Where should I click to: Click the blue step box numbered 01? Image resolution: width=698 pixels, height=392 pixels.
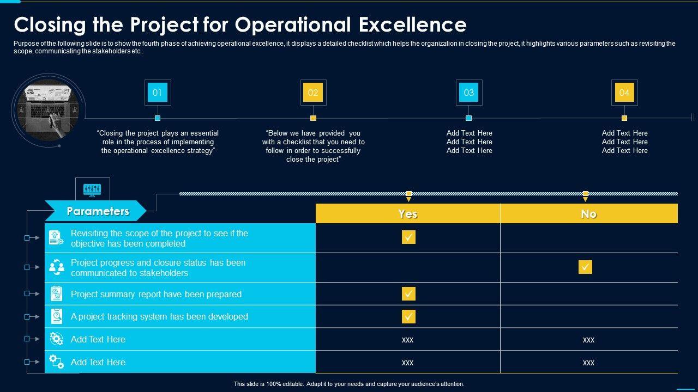click(x=158, y=93)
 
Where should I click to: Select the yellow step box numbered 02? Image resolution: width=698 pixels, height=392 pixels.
click(x=313, y=93)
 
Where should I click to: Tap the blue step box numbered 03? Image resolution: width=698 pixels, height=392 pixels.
click(x=469, y=93)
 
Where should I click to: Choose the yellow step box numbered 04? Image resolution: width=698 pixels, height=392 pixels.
click(x=624, y=93)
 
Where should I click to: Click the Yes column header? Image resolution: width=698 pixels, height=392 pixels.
click(x=407, y=214)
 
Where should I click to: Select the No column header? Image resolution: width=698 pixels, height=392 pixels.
click(x=588, y=214)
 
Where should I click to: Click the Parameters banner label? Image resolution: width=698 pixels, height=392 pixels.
click(x=98, y=211)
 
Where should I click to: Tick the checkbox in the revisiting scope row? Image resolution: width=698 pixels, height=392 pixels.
click(x=408, y=237)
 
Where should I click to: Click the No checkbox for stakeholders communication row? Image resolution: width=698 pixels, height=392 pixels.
click(x=585, y=267)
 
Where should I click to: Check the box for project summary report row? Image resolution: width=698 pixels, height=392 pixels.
click(x=408, y=294)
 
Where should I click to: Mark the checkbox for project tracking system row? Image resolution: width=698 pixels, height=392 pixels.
click(x=408, y=316)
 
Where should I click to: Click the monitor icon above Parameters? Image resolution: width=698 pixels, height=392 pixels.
click(x=92, y=189)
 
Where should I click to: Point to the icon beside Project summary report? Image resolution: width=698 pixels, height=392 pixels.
click(x=57, y=294)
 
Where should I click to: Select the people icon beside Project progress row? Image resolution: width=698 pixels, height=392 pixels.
click(x=57, y=267)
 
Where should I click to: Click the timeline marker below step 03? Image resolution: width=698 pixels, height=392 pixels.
click(x=468, y=118)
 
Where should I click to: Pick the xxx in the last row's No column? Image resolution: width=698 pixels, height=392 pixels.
click(x=588, y=363)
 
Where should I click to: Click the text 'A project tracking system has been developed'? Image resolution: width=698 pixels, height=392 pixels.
click(x=159, y=317)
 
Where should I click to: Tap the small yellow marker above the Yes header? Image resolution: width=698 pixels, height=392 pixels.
click(x=409, y=194)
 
